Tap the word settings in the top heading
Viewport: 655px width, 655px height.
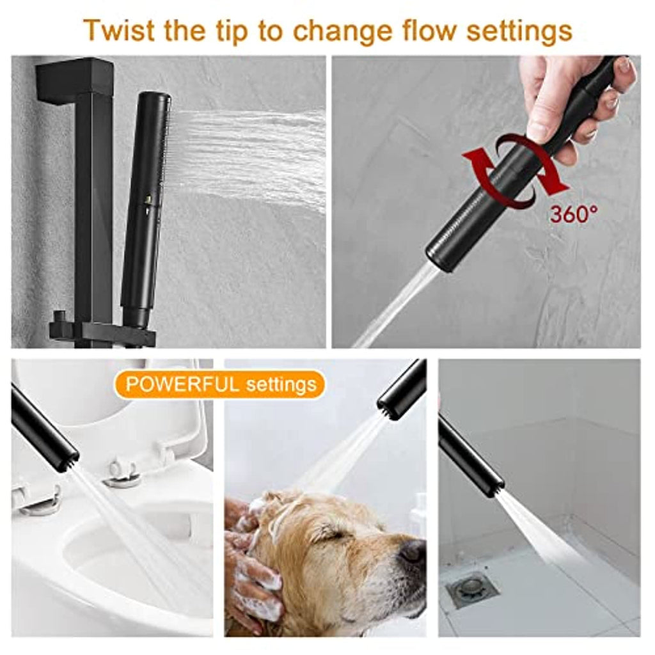pos(519,31)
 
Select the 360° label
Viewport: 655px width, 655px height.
pos(573,214)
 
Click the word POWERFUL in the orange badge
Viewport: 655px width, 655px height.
pos(182,384)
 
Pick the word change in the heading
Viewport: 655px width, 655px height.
pos(342,31)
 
